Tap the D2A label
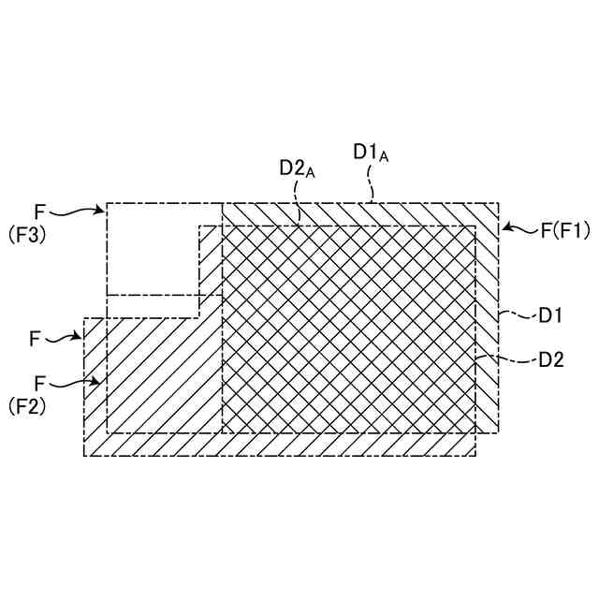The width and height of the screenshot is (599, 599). click(x=298, y=168)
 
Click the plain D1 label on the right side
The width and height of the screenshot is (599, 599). click(x=549, y=315)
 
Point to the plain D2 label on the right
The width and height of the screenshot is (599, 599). click(x=551, y=358)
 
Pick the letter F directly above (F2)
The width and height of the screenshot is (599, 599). click(x=39, y=383)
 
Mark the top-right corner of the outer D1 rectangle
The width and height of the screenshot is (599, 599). click(x=498, y=203)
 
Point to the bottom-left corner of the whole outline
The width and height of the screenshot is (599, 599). click(x=85, y=456)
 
